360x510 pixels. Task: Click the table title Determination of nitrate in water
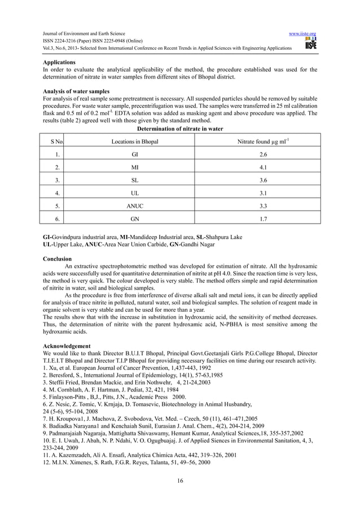click(180, 128)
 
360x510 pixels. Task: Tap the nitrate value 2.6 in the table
click(262, 155)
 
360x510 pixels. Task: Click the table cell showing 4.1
click(262, 168)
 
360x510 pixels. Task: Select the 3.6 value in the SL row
click(262, 184)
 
